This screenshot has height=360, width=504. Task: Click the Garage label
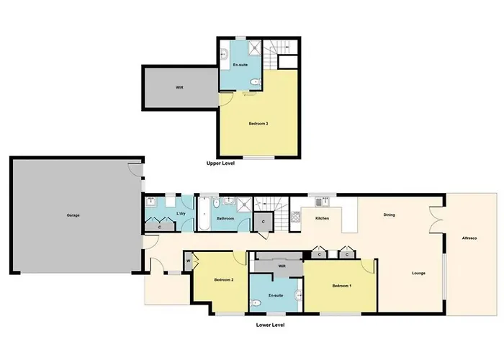point(73,215)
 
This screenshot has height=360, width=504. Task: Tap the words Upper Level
point(220,163)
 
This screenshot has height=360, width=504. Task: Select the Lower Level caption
point(270,325)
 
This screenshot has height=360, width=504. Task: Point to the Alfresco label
point(469,238)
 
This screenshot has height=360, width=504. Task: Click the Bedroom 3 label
point(258,124)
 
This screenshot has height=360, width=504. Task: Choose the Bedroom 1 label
point(342,286)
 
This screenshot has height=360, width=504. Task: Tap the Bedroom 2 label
point(224,280)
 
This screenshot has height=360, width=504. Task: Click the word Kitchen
point(322,218)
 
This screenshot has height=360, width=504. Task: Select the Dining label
point(390,215)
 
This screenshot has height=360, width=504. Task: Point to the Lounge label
point(418,273)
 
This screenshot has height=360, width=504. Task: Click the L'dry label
point(181,213)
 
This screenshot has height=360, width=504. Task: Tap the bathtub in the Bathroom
point(204,214)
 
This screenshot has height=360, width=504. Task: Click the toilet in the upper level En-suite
point(255,82)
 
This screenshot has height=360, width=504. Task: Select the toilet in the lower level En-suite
point(256,303)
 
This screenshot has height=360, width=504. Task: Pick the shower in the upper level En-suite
point(255,48)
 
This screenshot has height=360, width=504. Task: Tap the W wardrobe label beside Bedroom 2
point(189,261)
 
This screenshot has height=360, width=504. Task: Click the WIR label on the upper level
point(179,87)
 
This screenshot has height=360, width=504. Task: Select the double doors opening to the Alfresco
point(436,220)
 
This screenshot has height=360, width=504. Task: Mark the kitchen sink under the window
point(321,202)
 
